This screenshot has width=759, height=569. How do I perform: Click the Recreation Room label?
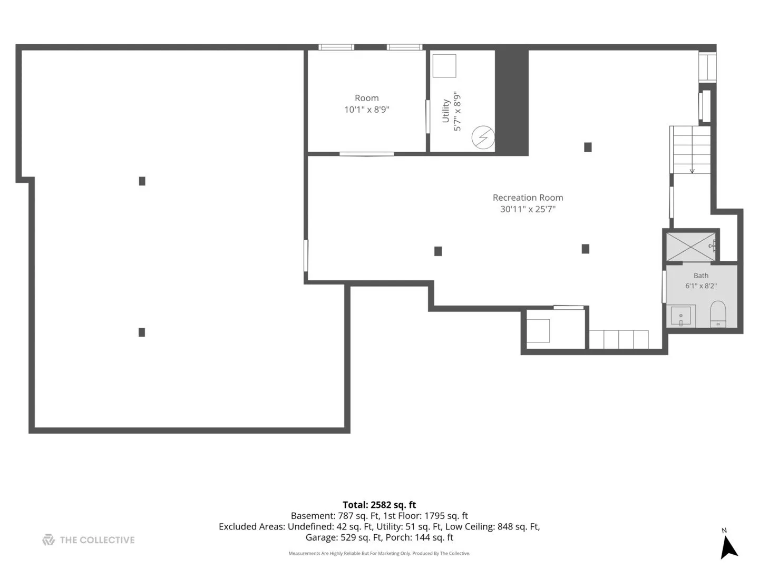[x=528, y=198]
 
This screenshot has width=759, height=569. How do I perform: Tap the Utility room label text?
[x=445, y=111]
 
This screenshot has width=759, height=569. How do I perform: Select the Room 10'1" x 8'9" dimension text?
[x=366, y=110]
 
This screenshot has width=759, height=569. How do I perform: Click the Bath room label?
[x=701, y=276]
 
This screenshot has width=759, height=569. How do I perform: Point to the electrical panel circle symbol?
[x=483, y=137]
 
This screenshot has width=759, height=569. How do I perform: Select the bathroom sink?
[x=681, y=316]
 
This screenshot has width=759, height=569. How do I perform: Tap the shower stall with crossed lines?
[x=690, y=247]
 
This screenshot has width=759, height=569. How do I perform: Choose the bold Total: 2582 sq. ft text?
[x=379, y=505]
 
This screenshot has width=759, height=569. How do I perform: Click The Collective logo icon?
[x=48, y=539]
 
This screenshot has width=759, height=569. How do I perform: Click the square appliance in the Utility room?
[x=444, y=66]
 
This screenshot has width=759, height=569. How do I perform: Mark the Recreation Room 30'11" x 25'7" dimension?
[x=528, y=209]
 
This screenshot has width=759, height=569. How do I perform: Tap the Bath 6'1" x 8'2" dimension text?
[x=701, y=286]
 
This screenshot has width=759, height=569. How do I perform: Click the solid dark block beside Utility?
[x=512, y=102]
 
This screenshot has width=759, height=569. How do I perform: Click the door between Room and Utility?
[x=428, y=117]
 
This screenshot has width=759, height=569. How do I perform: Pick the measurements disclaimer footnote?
[x=379, y=553]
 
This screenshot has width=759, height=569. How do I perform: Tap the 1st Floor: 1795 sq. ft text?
[x=426, y=516]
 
